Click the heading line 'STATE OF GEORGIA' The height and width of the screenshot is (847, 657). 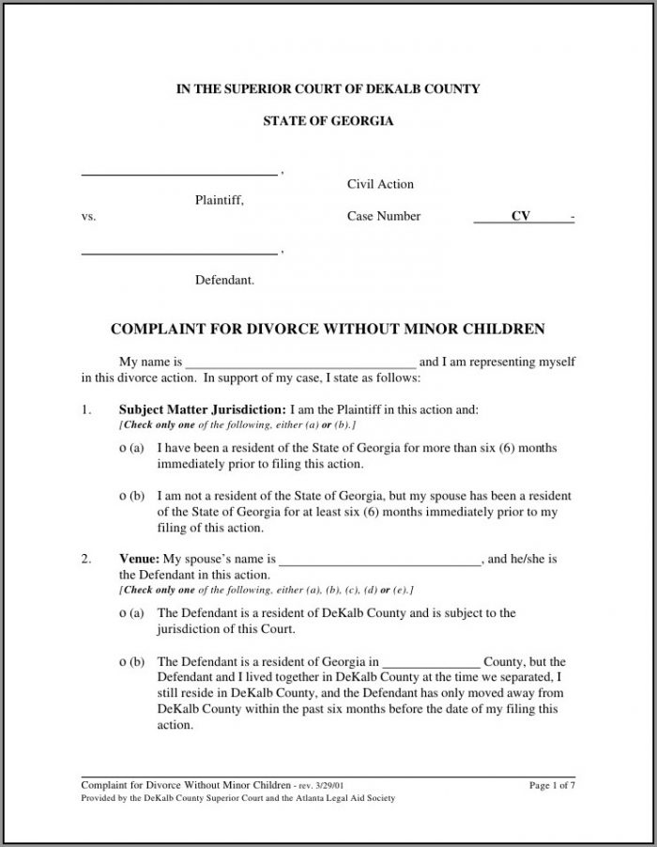coord(328,122)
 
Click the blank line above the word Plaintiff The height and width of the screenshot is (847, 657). coord(179,175)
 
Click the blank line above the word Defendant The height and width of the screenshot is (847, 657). coord(179,254)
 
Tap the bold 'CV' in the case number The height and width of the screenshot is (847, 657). coord(520,217)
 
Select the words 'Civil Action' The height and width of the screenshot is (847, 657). coord(380,184)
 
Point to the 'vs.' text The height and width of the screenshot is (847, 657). coord(89,217)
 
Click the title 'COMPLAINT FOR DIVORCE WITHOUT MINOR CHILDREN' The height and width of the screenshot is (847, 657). coord(328,330)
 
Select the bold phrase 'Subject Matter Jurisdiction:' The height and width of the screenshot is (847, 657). coord(203,410)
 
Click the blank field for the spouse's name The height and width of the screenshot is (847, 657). coord(381,562)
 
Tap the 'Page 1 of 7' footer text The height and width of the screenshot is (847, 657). coord(552,785)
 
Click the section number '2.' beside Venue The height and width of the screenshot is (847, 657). coord(86,559)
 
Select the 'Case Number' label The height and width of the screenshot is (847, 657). coord(384,217)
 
